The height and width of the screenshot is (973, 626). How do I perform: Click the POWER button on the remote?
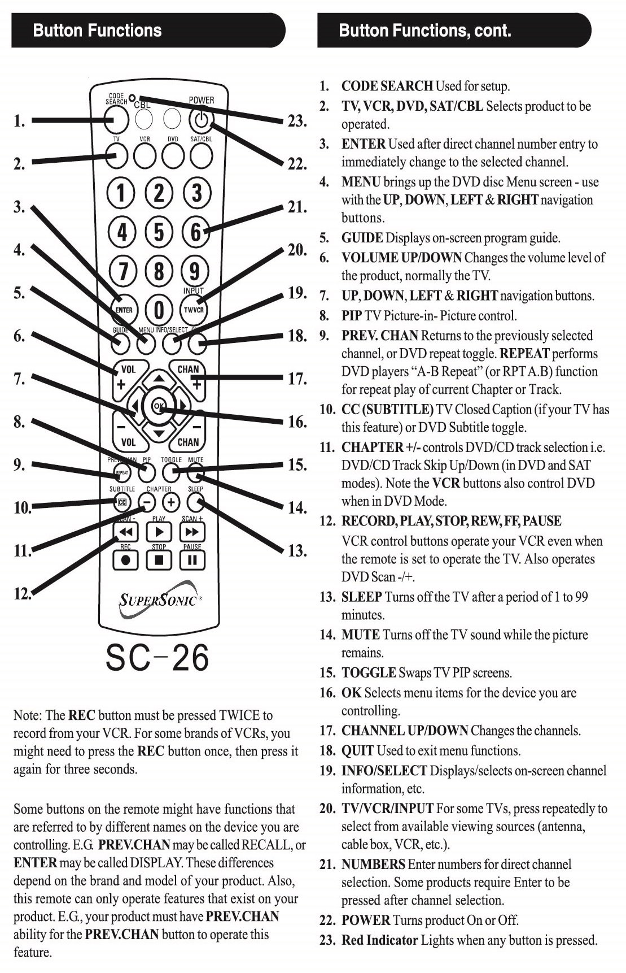point(202,119)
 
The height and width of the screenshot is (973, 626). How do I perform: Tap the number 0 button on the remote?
point(160,310)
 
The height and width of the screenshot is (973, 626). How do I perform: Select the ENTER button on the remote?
point(124,310)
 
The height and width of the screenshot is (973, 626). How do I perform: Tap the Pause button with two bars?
point(192,560)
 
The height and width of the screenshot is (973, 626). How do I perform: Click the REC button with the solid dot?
point(126,560)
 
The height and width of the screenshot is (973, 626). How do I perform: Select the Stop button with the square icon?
point(159,560)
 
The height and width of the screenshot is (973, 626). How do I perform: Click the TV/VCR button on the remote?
point(194,310)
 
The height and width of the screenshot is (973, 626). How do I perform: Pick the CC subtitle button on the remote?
point(123,501)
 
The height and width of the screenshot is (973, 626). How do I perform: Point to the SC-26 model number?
point(157,657)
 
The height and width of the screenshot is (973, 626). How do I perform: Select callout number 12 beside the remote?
point(23,593)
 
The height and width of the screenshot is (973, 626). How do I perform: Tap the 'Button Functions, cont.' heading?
point(425,31)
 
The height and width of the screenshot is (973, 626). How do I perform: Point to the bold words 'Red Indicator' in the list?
point(379,940)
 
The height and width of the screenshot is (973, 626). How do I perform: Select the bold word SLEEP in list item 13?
point(362,597)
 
